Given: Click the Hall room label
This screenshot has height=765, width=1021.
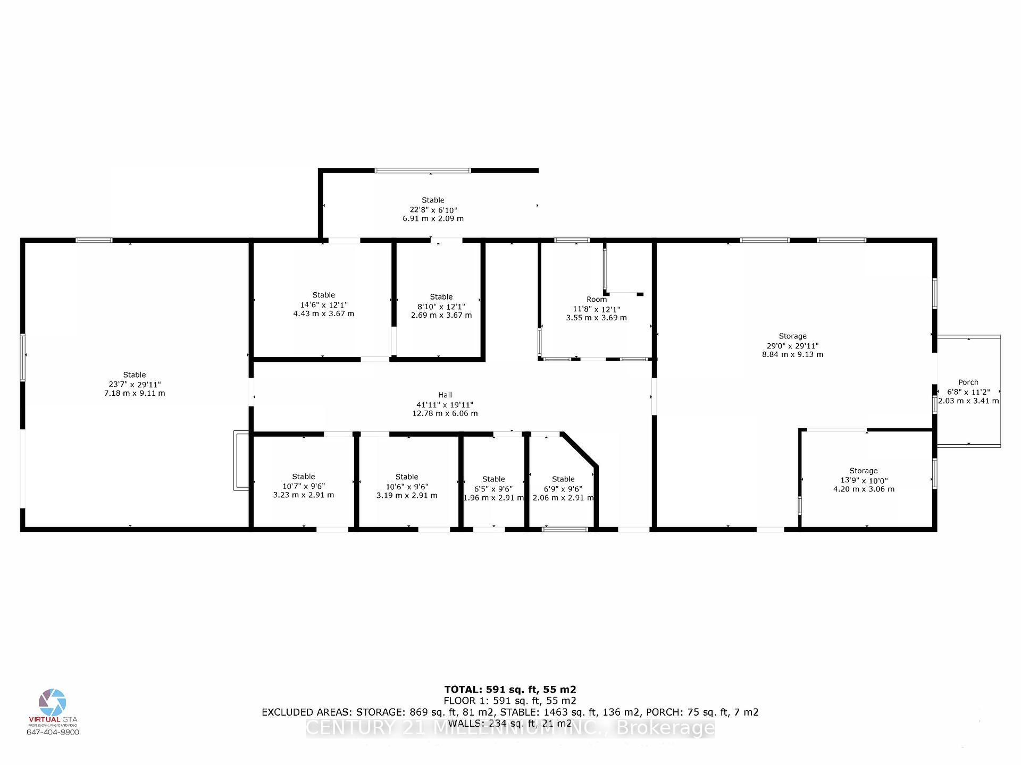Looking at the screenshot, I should point(445,395).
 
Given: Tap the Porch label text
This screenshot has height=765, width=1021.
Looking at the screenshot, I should point(968,382).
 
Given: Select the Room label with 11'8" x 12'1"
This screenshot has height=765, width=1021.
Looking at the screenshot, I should point(596,300).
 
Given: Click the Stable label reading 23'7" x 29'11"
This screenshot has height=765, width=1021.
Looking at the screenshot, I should point(135,375).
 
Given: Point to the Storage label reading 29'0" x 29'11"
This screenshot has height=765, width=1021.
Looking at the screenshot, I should point(792,336).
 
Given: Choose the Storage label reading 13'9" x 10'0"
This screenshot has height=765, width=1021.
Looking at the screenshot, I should point(863,471).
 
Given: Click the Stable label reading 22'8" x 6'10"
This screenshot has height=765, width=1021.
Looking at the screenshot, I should point(433,200).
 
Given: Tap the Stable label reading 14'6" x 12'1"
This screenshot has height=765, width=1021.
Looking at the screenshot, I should point(323,295).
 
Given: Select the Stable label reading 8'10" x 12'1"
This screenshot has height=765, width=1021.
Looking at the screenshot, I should point(441,297).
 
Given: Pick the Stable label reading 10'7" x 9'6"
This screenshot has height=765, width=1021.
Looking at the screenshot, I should point(303,477).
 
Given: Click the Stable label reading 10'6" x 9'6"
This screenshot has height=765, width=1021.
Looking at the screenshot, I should point(407,477).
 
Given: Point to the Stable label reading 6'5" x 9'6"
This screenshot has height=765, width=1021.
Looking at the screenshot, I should point(493,479).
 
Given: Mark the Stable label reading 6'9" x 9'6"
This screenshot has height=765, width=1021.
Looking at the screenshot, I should point(563,479).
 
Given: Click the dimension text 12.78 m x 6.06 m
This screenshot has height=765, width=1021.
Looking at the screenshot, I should point(445,413).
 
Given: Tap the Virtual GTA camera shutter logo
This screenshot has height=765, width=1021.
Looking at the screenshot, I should point(53,702).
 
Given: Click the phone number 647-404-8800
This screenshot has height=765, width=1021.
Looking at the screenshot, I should point(53,732).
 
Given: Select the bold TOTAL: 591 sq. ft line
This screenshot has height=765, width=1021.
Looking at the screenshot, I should point(510,690).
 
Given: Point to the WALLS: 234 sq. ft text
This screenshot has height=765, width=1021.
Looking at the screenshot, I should point(510,723).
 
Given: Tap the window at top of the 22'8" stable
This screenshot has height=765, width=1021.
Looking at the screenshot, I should point(423,171).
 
